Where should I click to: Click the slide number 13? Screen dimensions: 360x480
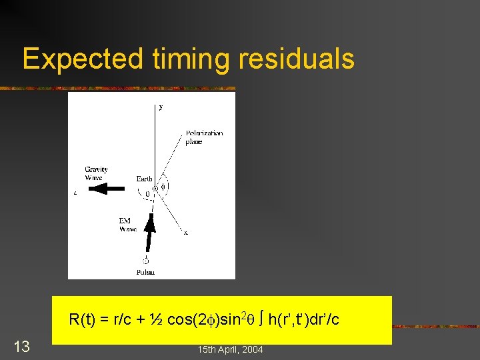click(x=22, y=346)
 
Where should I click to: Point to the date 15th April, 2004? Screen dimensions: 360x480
click(x=230, y=349)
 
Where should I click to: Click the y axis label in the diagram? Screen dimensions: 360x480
click(x=160, y=106)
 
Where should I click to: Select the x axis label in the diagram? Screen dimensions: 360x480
click(x=185, y=233)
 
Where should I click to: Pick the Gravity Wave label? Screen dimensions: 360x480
click(x=96, y=173)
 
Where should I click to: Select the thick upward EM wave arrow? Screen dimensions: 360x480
click(x=151, y=233)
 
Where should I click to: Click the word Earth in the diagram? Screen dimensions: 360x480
click(x=144, y=179)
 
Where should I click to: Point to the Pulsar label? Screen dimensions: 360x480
click(x=145, y=272)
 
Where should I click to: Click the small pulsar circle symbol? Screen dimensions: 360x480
click(x=146, y=261)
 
